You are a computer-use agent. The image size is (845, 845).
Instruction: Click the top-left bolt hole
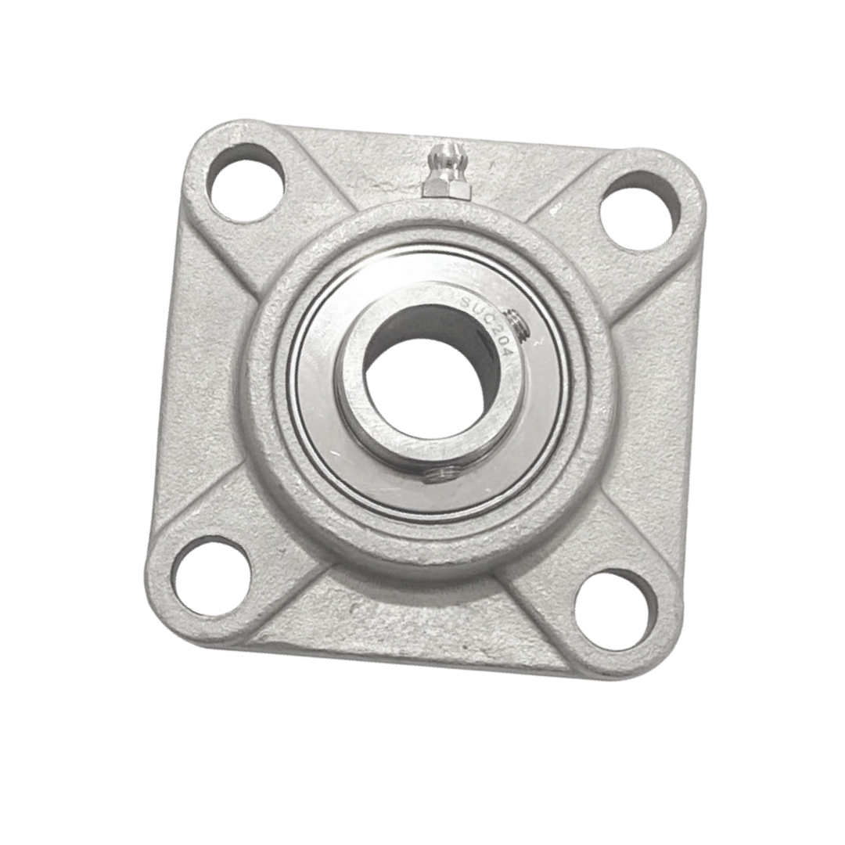click(x=246, y=182)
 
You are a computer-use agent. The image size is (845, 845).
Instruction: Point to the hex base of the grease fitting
click(x=447, y=188)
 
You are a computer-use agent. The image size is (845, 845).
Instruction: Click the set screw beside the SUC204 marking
click(x=520, y=324)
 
